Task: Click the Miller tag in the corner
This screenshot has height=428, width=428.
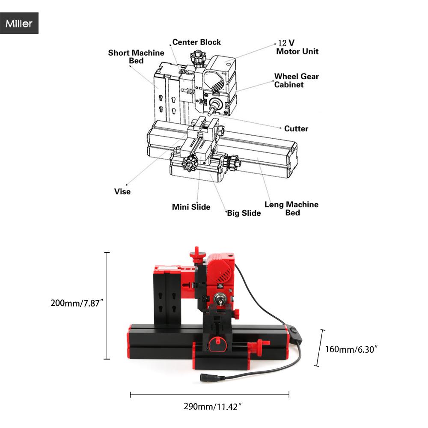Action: click(19, 23)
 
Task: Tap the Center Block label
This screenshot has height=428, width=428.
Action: click(196, 42)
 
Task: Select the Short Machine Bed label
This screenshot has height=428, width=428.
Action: click(136, 56)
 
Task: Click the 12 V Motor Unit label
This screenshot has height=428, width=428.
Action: click(297, 47)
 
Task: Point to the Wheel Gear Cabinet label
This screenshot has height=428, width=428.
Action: click(297, 80)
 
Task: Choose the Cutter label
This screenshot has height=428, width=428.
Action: click(296, 128)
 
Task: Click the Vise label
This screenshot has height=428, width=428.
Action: click(122, 191)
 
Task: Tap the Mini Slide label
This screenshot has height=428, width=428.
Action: click(191, 207)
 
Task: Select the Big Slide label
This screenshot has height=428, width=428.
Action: click(244, 213)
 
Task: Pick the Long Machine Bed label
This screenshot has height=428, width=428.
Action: click(291, 208)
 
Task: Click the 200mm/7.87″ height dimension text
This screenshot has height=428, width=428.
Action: click(77, 303)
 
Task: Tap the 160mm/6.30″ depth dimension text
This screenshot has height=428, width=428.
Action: click(351, 349)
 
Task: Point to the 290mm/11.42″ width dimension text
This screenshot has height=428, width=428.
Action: click(213, 407)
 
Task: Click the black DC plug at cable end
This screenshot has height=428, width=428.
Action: click(209, 377)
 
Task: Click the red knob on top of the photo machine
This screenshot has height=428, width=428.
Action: click(196, 254)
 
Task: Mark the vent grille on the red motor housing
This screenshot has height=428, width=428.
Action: click(223, 275)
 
